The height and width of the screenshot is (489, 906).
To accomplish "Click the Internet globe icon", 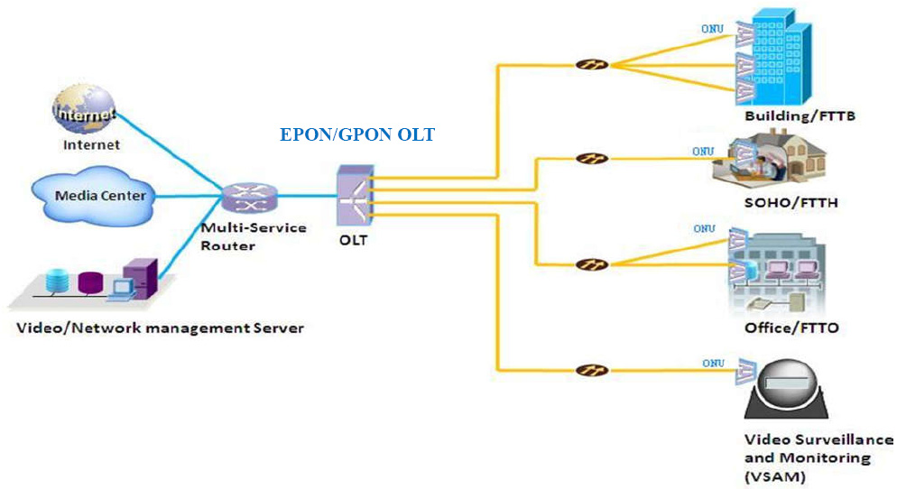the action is pyautogui.click(x=84, y=110).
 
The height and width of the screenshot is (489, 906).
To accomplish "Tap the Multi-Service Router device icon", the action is pyautogui.click(x=250, y=198).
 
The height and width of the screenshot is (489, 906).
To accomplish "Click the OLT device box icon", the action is pyautogui.click(x=355, y=197).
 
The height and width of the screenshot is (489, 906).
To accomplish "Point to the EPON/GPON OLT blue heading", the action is pyautogui.click(x=357, y=134).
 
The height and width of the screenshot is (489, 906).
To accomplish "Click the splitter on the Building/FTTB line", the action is pyautogui.click(x=592, y=64).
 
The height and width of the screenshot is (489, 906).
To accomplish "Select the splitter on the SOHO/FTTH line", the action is pyautogui.click(x=592, y=159).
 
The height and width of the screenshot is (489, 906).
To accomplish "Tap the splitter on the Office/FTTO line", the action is pyautogui.click(x=592, y=264).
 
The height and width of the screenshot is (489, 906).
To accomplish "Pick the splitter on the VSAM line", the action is pyautogui.click(x=592, y=370).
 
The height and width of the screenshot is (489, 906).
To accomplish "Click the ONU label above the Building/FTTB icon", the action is pyautogui.click(x=712, y=29).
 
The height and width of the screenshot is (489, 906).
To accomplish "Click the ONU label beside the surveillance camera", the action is pyautogui.click(x=713, y=363).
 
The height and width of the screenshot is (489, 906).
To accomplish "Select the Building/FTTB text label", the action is pyautogui.click(x=800, y=116).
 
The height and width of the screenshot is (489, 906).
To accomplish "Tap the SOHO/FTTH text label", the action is pyautogui.click(x=790, y=203).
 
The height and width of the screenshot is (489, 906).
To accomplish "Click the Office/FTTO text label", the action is pyautogui.click(x=791, y=328).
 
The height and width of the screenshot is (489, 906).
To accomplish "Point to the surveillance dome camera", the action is pyautogui.click(x=786, y=389).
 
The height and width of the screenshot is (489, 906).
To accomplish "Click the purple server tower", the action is pyautogui.click(x=141, y=278).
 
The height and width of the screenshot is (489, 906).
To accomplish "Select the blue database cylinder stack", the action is pyautogui.click(x=57, y=281).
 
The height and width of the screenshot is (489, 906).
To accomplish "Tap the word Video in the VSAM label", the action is pyautogui.click(x=763, y=439).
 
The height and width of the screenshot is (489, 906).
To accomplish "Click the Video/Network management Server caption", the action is pyautogui.click(x=160, y=328).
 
